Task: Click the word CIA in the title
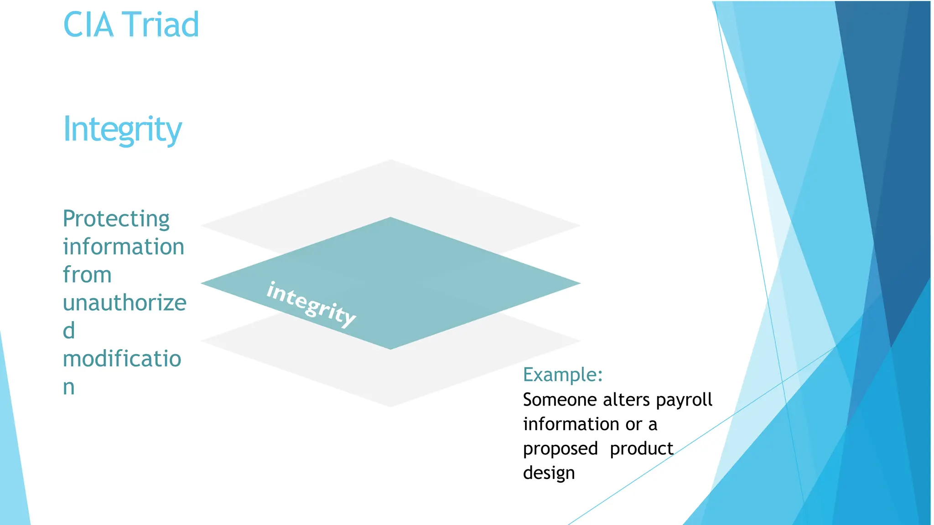click(x=88, y=25)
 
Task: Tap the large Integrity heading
click(x=122, y=129)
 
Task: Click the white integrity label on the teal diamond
click(x=311, y=304)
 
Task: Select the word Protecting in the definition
click(x=116, y=219)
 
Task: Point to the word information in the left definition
click(x=123, y=247)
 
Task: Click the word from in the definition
click(x=87, y=275)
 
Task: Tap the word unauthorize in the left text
click(x=125, y=303)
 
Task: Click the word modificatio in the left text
click(x=122, y=359)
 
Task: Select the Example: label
click(x=563, y=375)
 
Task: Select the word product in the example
click(x=641, y=448)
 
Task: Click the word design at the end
click(x=549, y=474)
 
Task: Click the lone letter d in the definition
click(x=69, y=331)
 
